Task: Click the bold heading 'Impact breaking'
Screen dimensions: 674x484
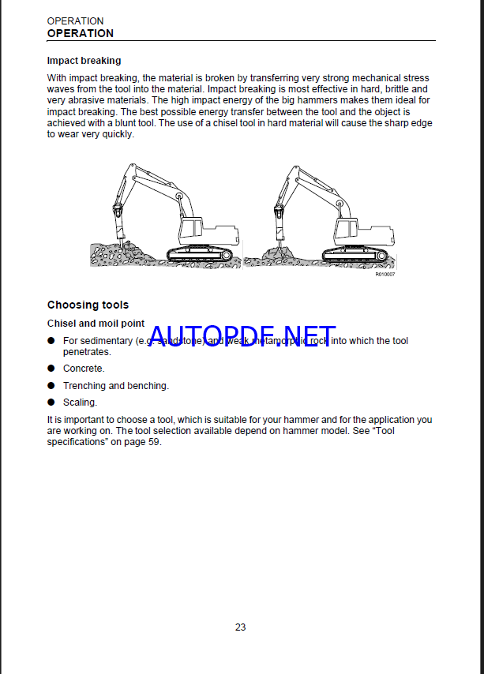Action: click(x=84, y=60)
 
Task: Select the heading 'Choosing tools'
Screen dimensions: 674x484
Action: click(x=88, y=305)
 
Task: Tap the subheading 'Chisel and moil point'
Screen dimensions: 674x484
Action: click(x=96, y=324)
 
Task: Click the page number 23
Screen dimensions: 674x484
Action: click(x=240, y=627)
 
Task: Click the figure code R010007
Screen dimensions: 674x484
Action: click(x=385, y=274)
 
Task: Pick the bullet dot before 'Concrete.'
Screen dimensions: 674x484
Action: click(x=51, y=369)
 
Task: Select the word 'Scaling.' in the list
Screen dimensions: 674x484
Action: click(x=81, y=403)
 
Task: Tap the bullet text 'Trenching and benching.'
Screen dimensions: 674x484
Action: click(x=115, y=386)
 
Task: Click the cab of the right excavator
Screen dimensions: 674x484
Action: click(x=348, y=229)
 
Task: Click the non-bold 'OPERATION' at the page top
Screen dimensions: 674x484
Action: click(x=75, y=21)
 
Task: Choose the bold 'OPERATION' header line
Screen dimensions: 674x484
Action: click(x=80, y=33)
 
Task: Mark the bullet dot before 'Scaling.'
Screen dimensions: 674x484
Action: click(x=51, y=403)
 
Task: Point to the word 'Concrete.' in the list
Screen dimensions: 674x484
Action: click(x=84, y=369)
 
